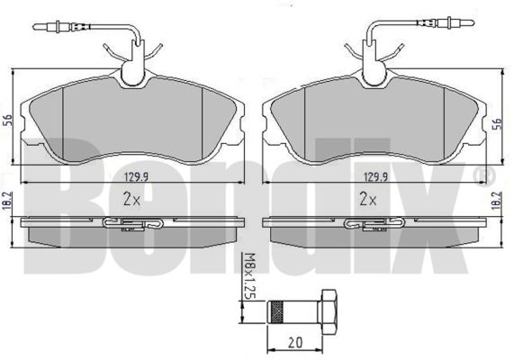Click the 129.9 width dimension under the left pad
tap(137, 176)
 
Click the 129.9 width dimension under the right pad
tap(375, 176)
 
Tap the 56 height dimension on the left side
tap(7, 121)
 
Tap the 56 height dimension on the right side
tap(497, 123)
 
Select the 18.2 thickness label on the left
tap(8, 200)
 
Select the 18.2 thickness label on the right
tap(498, 200)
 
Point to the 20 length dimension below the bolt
tap(295, 342)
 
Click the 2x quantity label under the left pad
tap(132, 199)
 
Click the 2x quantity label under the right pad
tap(368, 199)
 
